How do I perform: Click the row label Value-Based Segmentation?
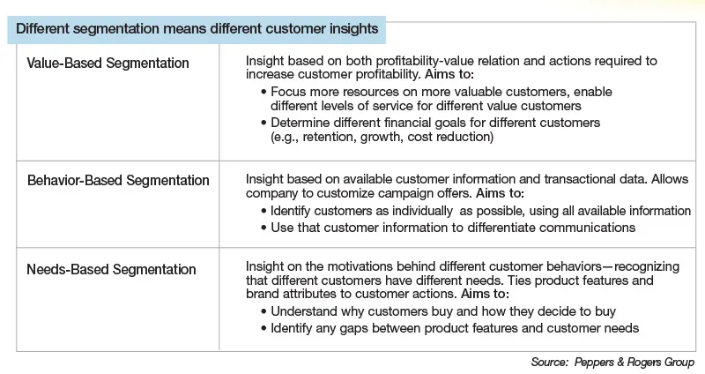coord(108,64)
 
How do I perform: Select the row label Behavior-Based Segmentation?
coord(118,181)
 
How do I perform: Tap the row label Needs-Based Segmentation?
coord(111,269)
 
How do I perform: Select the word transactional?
coord(526,178)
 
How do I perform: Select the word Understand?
coord(304,312)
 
